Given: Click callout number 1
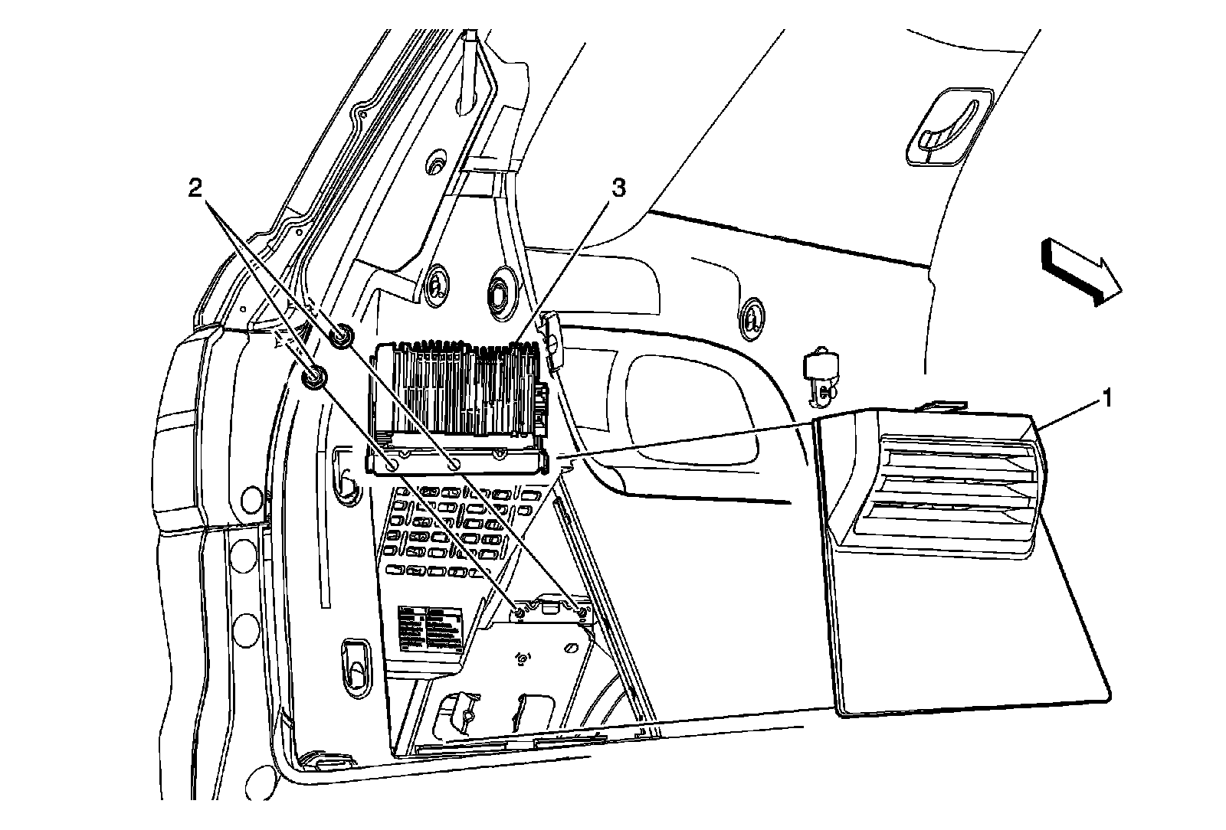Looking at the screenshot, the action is pyautogui.click(x=1107, y=397).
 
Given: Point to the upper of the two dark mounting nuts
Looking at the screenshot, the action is pyautogui.click(x=340, y=334).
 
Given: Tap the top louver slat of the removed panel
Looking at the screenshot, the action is pyautogui.click(x=958, y=447).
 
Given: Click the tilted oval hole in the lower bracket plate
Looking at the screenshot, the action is pyautogui.click(x=569, y=648).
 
